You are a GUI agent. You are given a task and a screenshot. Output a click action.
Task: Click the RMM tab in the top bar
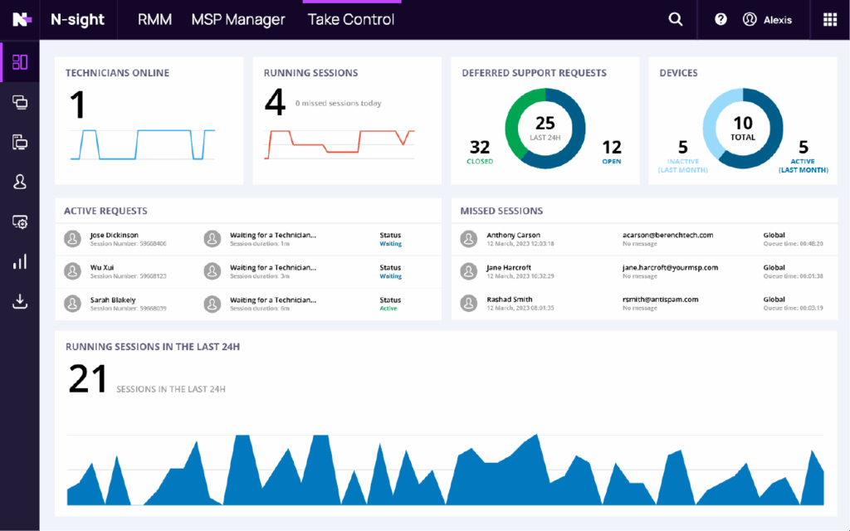point(154,19)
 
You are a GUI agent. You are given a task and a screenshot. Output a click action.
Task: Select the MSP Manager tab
point(238,19)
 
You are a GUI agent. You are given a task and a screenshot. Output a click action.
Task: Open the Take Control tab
point(351,19)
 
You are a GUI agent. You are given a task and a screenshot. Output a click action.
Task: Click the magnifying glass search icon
point(676,20)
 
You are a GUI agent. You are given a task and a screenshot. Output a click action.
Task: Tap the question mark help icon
point(721,20)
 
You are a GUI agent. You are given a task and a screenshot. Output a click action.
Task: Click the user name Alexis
point(777,20)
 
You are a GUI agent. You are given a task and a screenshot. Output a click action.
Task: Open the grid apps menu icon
point(829,20)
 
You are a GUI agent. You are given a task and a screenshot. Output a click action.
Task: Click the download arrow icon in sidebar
point(20,301)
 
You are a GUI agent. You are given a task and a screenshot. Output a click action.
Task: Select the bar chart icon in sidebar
point(20,261)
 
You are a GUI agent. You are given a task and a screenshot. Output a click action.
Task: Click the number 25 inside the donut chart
point(545,124)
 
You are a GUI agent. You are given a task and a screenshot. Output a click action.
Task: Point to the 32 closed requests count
point(480,147)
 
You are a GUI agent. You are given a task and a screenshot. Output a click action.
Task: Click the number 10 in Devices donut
point(742,124)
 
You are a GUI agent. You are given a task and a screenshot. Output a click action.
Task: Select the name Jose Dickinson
point(114,235)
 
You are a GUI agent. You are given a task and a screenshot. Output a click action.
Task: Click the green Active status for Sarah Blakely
point(388,309)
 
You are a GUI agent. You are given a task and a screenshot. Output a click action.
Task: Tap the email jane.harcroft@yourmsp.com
point(670,267)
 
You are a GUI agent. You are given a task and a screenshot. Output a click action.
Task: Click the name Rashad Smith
point(510,300)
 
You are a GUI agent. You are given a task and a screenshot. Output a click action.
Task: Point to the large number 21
point(88,379)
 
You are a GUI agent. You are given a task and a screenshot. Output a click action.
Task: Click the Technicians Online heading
point(117,73)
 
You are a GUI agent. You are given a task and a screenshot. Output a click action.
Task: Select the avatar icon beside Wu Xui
point(72,271)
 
